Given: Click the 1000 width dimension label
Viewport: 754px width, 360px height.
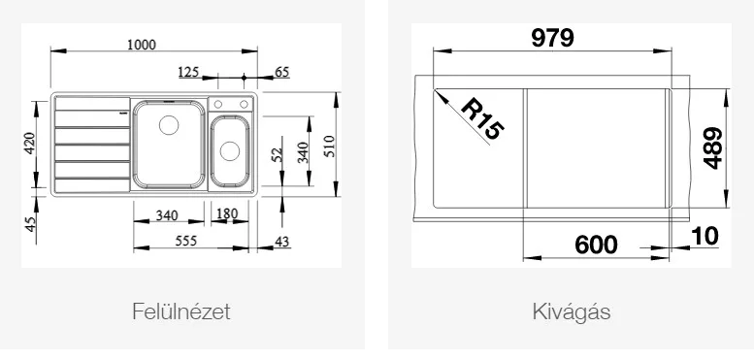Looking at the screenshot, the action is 142,45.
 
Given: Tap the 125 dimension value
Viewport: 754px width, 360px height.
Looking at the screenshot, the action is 188,72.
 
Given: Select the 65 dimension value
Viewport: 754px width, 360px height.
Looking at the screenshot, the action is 281,72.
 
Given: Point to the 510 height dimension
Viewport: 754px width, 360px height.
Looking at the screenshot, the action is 329,146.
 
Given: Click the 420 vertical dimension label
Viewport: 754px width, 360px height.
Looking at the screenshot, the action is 29,143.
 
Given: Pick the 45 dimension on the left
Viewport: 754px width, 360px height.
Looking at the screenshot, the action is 30,224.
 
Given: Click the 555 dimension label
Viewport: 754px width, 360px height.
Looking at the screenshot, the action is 185,241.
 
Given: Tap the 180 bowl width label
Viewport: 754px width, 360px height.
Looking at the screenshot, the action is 228,213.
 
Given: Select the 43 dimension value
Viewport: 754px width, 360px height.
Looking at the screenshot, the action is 282,242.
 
